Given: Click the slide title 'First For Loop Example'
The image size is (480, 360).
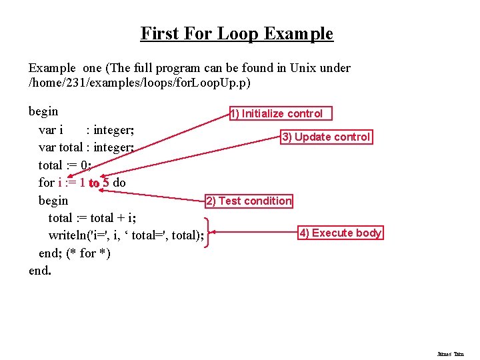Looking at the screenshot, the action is point(237,33).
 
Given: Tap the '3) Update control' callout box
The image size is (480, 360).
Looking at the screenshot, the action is point(326,137).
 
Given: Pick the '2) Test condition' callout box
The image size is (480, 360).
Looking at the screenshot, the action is point(248,201).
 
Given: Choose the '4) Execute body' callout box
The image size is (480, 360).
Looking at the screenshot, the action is point(340,233).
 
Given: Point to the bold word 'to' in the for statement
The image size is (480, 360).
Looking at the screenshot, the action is point(94,183).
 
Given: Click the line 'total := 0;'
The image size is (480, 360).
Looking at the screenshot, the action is point(65,165).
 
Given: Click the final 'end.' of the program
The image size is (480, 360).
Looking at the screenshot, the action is point(40,271).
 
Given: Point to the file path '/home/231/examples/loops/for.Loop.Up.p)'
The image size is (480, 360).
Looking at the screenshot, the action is point(140,83).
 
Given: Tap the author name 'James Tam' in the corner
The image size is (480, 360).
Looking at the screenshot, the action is point(450,354).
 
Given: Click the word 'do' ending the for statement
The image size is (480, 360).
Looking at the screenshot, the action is point(119,183).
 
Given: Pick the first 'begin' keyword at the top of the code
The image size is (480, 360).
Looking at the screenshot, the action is point(43,111).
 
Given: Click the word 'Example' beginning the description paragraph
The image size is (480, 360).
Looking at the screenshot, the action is point(53,67).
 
